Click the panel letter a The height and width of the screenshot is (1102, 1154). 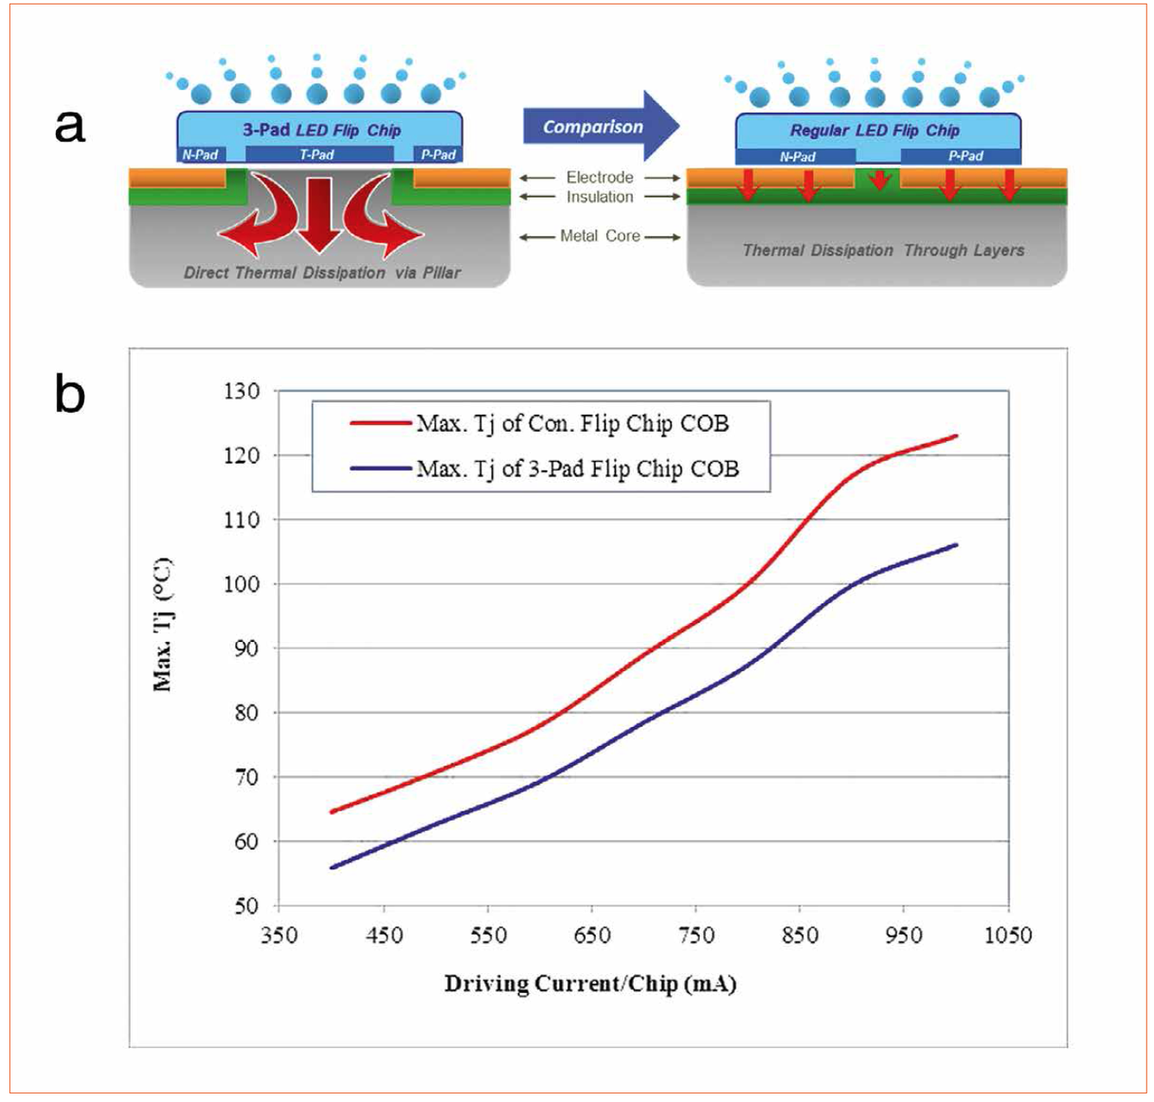(70, 124)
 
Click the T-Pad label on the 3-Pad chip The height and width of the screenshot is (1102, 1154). (317, 154)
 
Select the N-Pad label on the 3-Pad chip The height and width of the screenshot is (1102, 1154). (200, 154)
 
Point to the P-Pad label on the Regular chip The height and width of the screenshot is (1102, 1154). (966, 155)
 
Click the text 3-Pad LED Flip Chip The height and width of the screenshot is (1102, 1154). (322, 130)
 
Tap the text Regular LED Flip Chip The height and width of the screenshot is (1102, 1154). (875, 130)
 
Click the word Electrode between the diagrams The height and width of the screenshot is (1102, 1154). (600, 178)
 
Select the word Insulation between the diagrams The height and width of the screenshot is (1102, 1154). (600, 197)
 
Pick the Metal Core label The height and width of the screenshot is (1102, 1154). (600, 236)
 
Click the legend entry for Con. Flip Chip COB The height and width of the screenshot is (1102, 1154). (572, 423)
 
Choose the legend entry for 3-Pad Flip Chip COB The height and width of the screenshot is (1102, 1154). (577, 469)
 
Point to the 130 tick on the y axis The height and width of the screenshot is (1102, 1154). (242, 391)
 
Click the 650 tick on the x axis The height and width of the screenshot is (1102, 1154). (592, 935)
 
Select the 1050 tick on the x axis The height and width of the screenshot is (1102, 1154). (1008, 935)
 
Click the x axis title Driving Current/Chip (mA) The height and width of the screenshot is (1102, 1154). (591, 983)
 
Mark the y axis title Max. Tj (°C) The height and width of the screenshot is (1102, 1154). (163, 625)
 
